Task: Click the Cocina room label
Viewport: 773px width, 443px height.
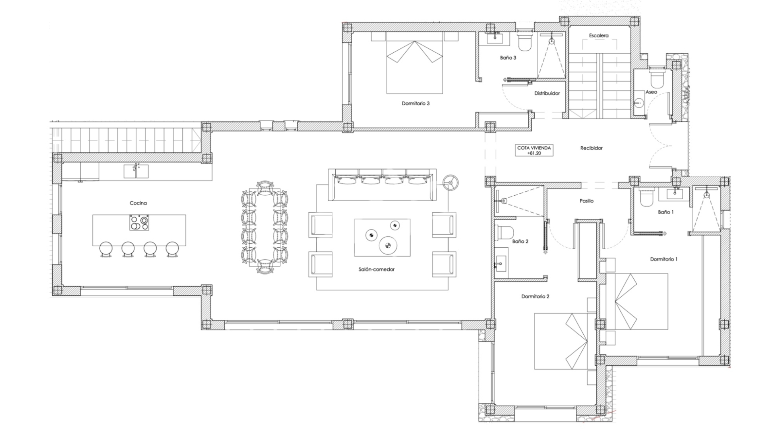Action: tap(138, 203)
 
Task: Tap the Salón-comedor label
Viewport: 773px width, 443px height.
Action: tap(376, 269)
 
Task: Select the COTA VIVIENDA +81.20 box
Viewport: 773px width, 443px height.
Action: tap(534, 150)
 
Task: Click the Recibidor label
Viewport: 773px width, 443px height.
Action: tap(591, 148)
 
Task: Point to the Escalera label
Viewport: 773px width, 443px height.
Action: tap(599, 35)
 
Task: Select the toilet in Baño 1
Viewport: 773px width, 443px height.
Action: tap(647, 198)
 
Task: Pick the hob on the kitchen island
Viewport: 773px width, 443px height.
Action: tap(139, 223)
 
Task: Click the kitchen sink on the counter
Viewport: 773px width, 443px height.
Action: tap(136, 171)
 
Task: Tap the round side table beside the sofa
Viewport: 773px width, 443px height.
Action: tap(451, 182)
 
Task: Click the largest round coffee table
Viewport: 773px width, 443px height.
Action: tap(388, 244)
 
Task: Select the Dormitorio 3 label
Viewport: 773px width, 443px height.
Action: tap(415, 104)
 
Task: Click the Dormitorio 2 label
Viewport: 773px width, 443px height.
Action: tap(535, 296)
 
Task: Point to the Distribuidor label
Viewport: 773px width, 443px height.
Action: tap(547, 93)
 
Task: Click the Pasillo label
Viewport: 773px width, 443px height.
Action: tap(586, 201)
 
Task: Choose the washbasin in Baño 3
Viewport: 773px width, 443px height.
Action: tap(495, 38)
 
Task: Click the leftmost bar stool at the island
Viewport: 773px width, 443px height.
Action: tap(106, 248)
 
